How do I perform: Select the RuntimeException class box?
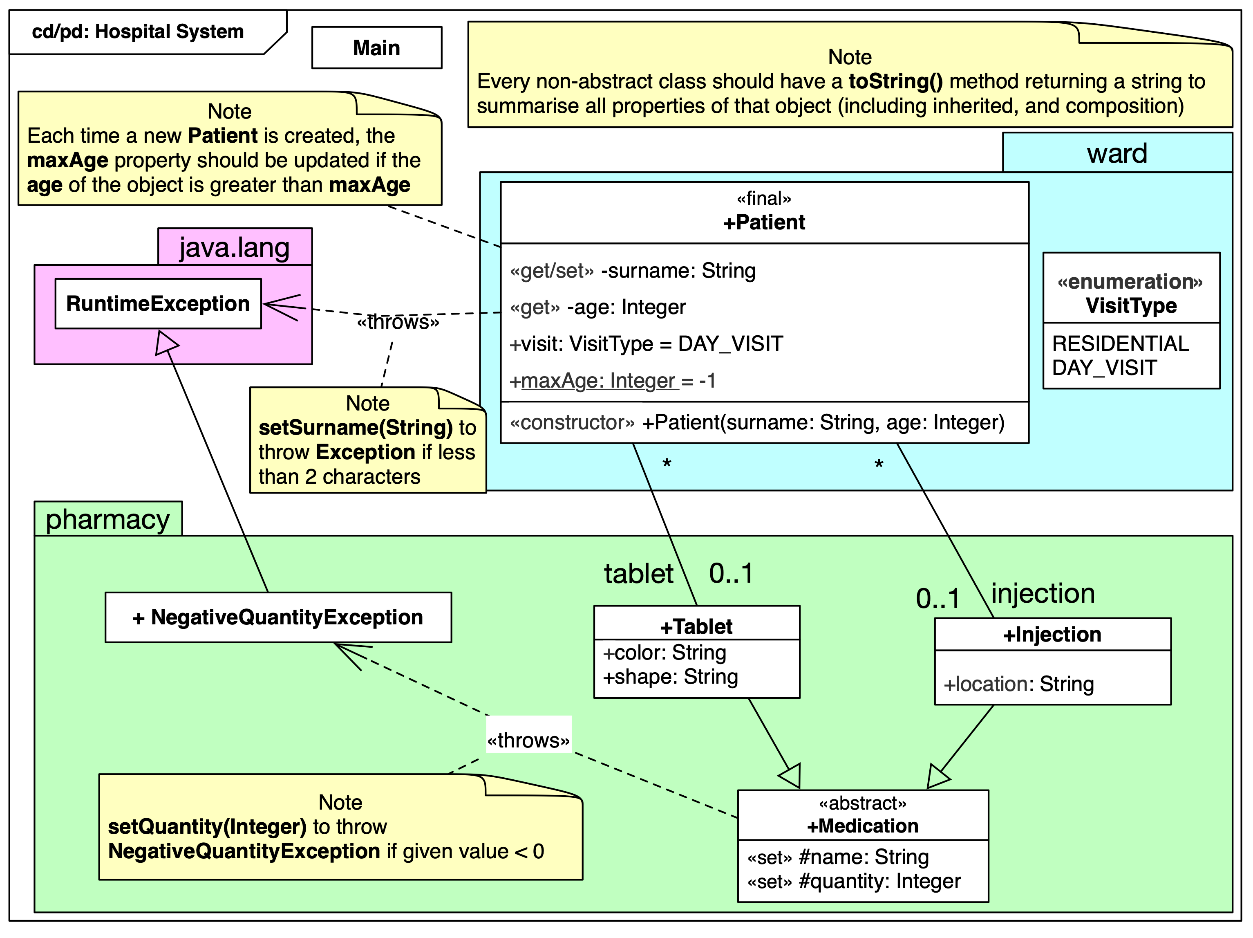pyautogui.click(x=158, y=304)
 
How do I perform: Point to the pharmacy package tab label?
pyautogui.click(x=107, y=519)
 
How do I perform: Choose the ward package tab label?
pyautogui.click(x=1117, y=153)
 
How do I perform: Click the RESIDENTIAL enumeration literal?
pyautogui.click(x=1120, y=343)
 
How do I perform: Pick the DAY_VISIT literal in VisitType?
pyautogui.click(x=1103, y=368)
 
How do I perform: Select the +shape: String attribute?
pyautogui.click(x=670, y=677)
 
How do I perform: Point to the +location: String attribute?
pyautogui.click(x=1018, y=684)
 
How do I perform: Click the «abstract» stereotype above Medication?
pyautogui.click(x=862, y=803)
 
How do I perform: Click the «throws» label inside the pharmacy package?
pyautogui.click(x=528, y=740)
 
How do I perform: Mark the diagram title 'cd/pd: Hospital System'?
pyautogui.click(x=138, y=32)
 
